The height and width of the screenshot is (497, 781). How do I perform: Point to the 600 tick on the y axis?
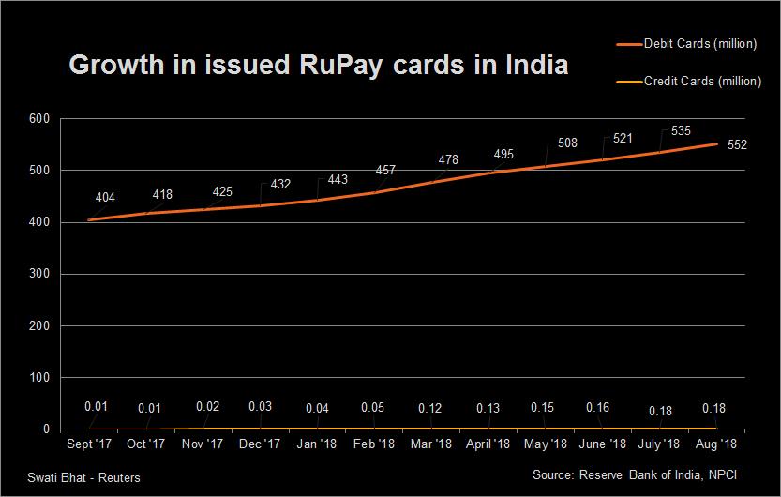tap(39, 119)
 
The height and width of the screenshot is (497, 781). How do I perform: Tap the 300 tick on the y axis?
tap(39, 275)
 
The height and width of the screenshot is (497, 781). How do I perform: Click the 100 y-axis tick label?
tap(39, 378)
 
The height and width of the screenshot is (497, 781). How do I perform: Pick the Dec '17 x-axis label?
tap(259, 444)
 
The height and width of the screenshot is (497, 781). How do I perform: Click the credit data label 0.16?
tap(597, 407)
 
